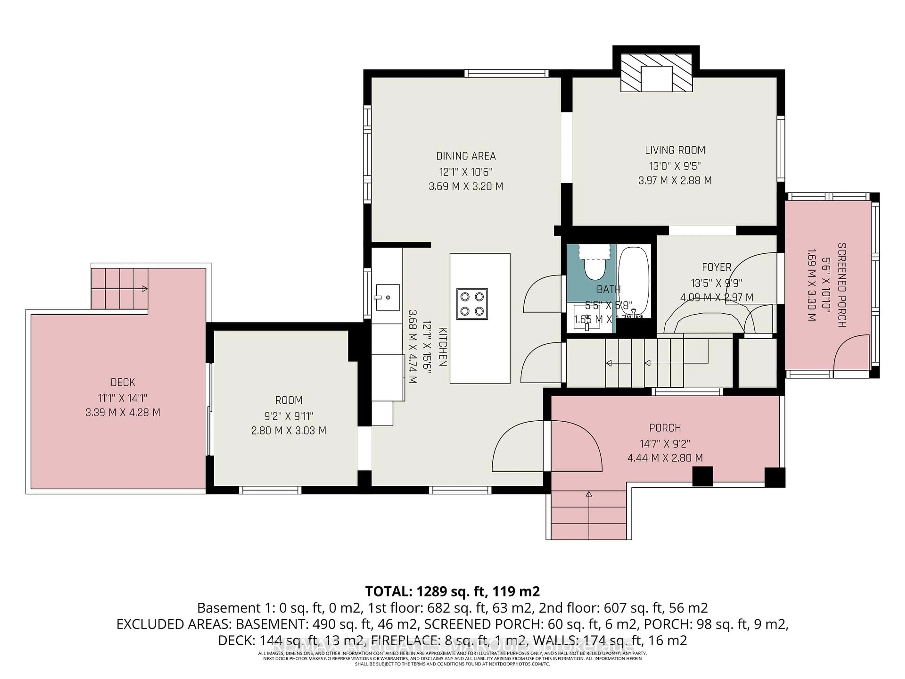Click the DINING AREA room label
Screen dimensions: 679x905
(x=466, y=156)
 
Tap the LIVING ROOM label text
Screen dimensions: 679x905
(x=675, y=150)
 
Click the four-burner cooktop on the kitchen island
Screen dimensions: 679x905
(x=472, y=304)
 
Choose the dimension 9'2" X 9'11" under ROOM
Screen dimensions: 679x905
(x=288, y=416)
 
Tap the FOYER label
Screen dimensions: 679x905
(x=716, y=267)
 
